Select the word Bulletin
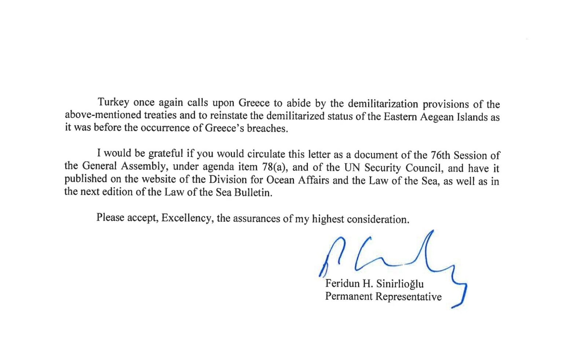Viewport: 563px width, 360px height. (253, 193)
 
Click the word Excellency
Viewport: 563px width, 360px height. (186, 218)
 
